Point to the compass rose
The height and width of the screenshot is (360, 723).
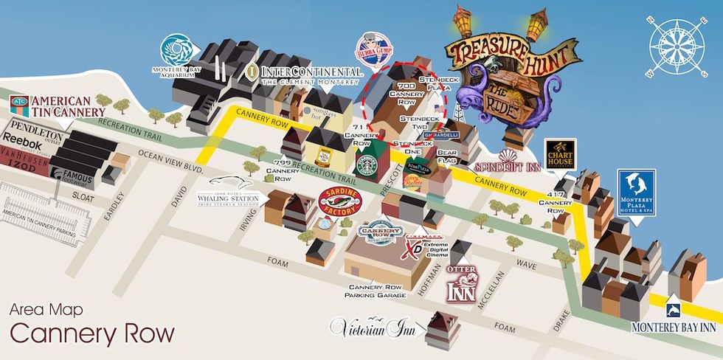[676, 46]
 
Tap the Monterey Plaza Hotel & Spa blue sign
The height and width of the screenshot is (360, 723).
[636, 192]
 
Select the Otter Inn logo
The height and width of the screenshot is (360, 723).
[463, 282]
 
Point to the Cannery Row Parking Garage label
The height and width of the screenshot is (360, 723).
[376, 291]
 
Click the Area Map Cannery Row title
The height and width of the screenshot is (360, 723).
[92, 325]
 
